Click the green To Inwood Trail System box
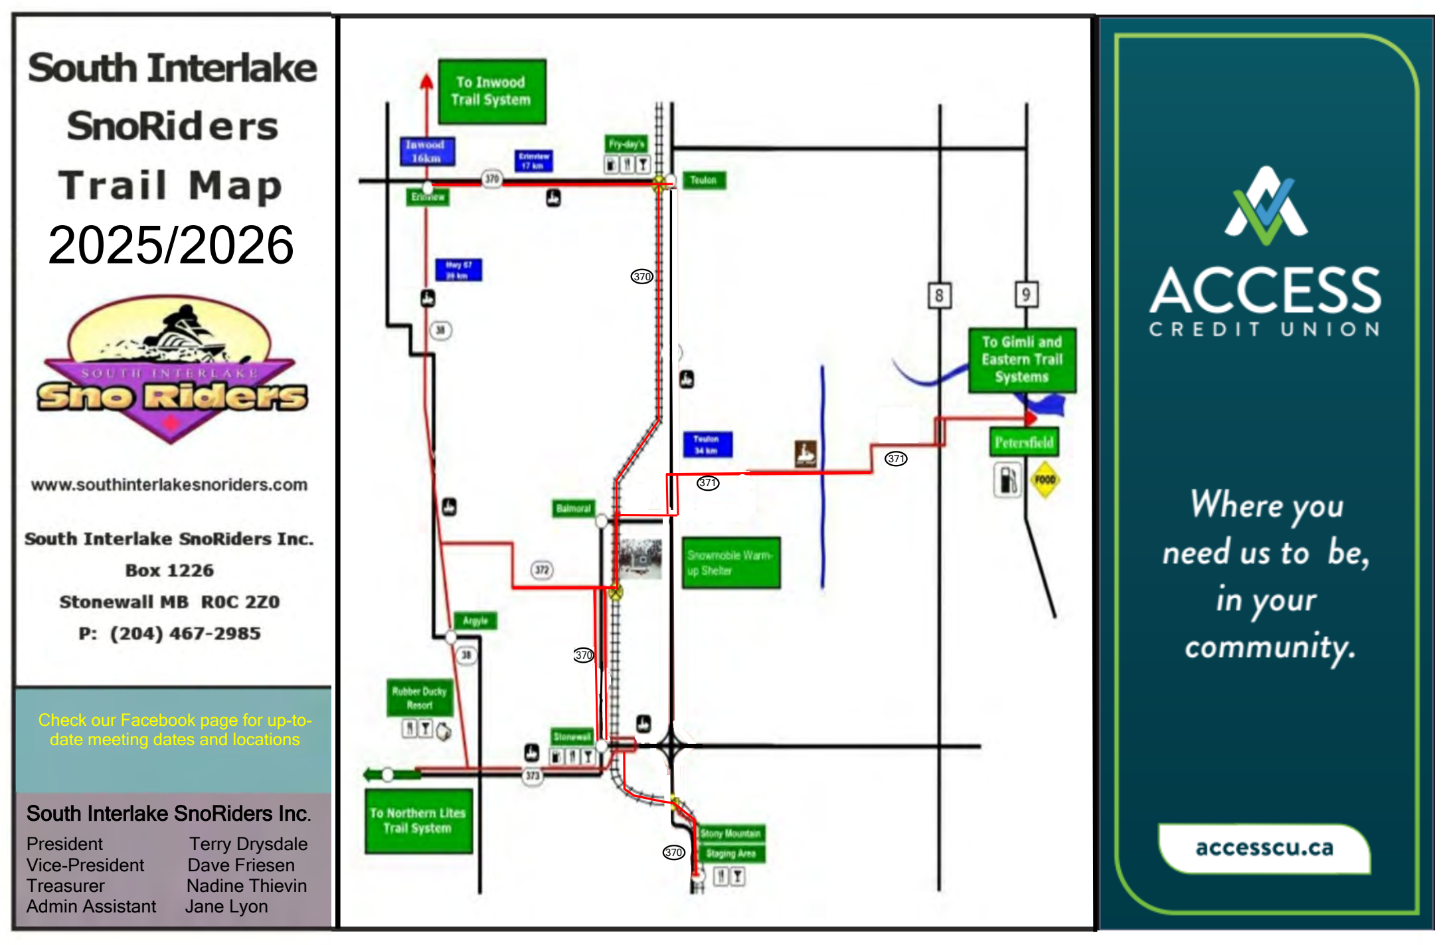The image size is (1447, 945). click(x=491, y=92)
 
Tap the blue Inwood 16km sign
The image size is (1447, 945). click(x=427, y=151)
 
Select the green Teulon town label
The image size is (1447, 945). click(x=703, y=180)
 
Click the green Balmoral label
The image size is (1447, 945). click(x=573, y=509)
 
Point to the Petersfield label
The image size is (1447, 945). click(x=1023, y=442)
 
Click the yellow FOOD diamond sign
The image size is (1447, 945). click(x=1045, y=479)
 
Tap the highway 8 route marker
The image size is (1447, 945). click(x=939, y=295)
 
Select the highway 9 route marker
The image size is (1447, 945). click(x=1026, y=294)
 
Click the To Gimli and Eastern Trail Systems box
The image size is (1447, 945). click(x=1021, y=360)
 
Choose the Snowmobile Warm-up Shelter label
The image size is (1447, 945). click(x=730, y=562)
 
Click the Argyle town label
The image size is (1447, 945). click(x=475, y=621)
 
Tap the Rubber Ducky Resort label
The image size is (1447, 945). click(x=419, y=698)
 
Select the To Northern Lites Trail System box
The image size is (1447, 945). click(x=418, y=821)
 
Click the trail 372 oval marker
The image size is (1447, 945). click(x=542, y=570)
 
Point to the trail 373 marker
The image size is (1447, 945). click(x=533, y=776)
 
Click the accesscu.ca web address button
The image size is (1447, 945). click(x=1264, y=848)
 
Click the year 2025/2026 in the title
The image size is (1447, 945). click(x=171, y=245)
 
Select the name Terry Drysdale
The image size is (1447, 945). click(x=248, y=844)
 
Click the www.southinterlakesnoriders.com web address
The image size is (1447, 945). click(x=169, y=485)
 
